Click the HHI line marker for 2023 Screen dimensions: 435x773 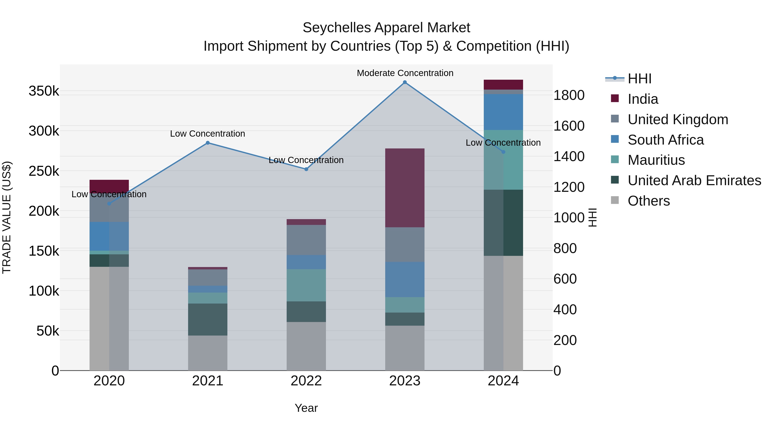coord(405,82)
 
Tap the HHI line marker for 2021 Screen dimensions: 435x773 coord(208,143)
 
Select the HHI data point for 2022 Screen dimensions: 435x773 coord(306,169)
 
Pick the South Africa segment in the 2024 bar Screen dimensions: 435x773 coord(503,112)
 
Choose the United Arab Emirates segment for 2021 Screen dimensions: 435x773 coord(208,319)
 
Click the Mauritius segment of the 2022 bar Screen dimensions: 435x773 coord(306,285)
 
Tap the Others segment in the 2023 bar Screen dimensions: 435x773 coord(405,348)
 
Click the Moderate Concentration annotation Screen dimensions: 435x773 coord(405,73)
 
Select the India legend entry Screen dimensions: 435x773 coord(643,99)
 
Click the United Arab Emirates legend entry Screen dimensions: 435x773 coord(694,180)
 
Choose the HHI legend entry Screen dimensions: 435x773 coord(639,79)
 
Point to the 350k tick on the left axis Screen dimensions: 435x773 coord(44,91)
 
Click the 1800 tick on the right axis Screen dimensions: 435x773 coord(569,95)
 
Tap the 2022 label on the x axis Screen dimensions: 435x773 coord(306,381)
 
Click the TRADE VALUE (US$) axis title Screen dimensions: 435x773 coord(7,217)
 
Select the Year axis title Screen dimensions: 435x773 coord(306,408)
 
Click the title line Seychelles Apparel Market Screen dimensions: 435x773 coord(386,28)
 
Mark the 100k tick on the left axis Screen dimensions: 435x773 coord(44,291)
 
